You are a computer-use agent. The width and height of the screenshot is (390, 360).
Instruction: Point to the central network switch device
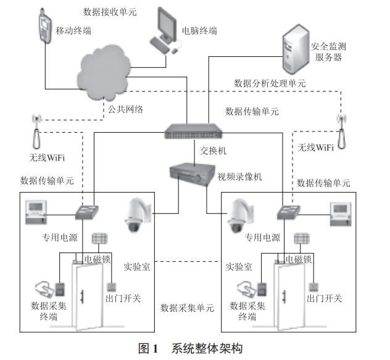(x=193, y=130)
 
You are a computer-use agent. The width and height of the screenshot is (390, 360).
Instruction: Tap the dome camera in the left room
(x=133, y=216)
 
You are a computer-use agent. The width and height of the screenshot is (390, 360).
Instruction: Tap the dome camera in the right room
(x=238, y=216)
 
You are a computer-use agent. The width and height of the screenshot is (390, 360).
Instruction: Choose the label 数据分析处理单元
(x=270, y=83)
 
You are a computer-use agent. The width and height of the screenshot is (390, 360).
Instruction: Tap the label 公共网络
(x=126, y=109)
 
